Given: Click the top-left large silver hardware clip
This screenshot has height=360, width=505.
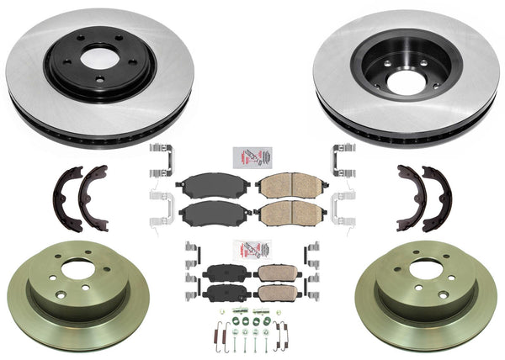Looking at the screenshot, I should click(160, 160).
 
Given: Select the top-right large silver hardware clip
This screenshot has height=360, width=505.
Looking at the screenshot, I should click(343, 160).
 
